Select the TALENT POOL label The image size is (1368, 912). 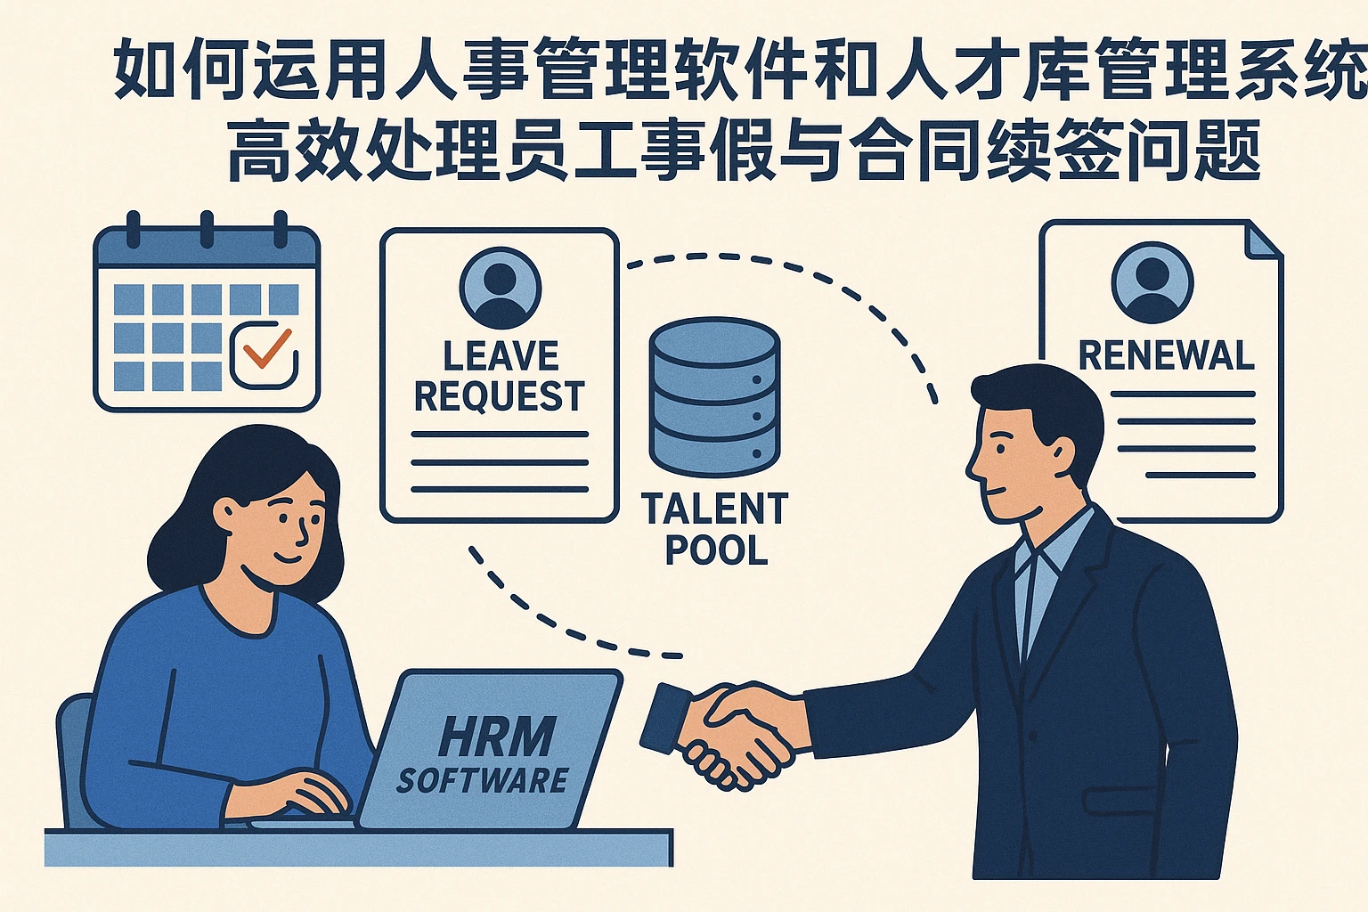[715, 529]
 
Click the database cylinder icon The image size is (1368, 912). [714, 396]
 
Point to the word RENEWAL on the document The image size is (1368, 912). [1166, 355]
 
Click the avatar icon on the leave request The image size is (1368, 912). [501, 287]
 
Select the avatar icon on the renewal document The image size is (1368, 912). [1152, 281]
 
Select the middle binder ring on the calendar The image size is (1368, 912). [207, 228]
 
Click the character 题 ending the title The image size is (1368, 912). [1227, 151]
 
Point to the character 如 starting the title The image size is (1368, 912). [145, 69]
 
